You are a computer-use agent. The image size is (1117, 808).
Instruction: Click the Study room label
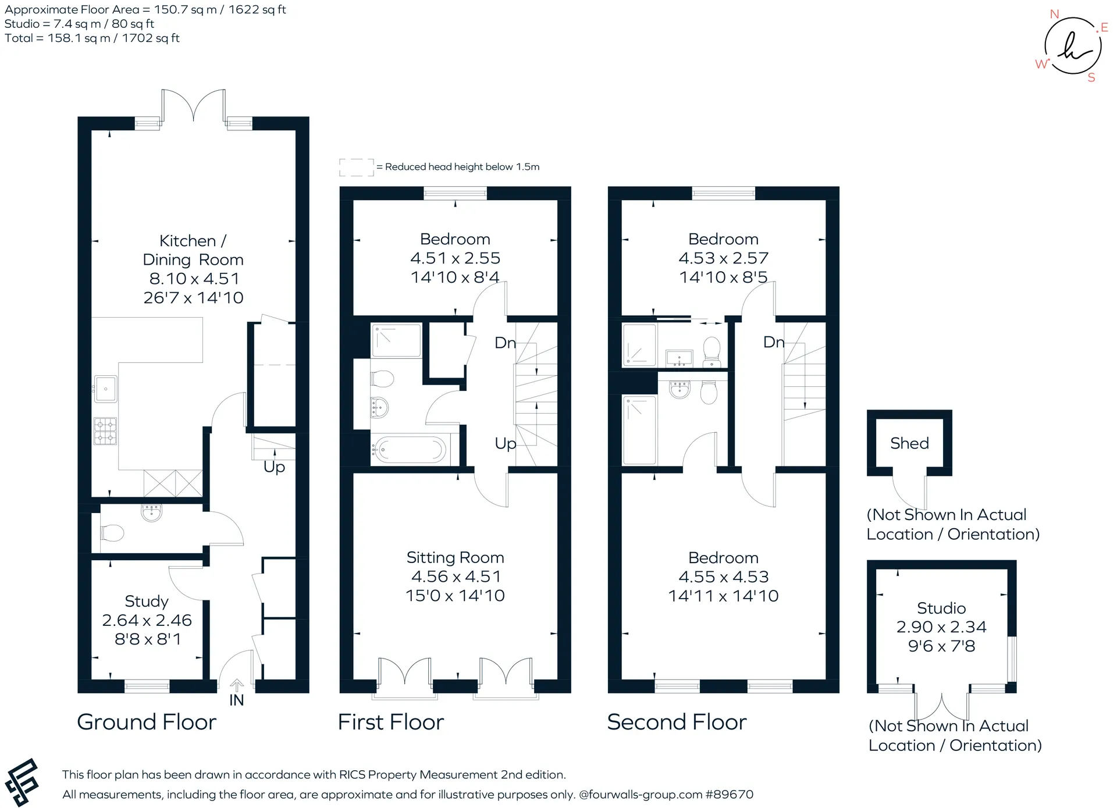tap(147, 601)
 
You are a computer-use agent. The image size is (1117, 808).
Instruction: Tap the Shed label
tap(909, 443)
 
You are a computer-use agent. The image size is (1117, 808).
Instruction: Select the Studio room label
tap(941, 608)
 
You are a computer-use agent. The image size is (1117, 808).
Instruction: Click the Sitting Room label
tap(455, 557)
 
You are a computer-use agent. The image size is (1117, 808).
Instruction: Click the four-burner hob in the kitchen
tap(105, 431)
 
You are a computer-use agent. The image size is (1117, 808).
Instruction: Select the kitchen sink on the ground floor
tap(105, 389)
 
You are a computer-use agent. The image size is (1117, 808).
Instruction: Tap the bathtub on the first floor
tap(410, 450)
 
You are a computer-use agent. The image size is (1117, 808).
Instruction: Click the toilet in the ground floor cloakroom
tap(112, 533)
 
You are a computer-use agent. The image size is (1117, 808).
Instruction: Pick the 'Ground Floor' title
tap(147, 722)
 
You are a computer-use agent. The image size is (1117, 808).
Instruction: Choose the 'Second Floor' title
tap(677, 722)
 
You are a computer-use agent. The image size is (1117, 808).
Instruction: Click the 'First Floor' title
tap(391, 722)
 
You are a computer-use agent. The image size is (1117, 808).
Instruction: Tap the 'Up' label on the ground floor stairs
tap(274, 467)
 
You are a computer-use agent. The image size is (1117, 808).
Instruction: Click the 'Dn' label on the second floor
tap(774, 342)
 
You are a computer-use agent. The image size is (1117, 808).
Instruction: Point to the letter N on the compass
tap(1054, 14)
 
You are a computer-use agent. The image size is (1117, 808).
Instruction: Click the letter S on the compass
tap(1091, 77)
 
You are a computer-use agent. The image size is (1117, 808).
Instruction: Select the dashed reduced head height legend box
tap(357, 167)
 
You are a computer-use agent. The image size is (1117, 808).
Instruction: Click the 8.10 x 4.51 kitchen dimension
tap(194, 279)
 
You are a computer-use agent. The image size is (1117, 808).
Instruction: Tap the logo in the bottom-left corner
tap(22, 782)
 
